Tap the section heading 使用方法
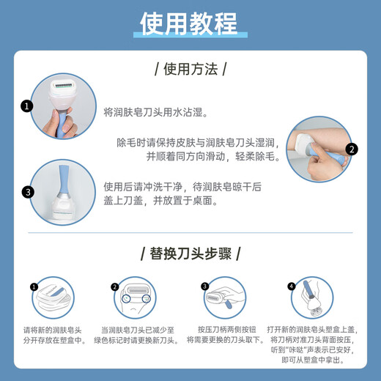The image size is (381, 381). (190, 70)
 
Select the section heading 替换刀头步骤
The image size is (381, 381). (190, 254)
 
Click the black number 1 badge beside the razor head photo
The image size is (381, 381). (27, 106)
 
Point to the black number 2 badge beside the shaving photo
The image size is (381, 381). (352, 149)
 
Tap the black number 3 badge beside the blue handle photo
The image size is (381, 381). (27, 192)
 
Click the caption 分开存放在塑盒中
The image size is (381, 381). (54, 340)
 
